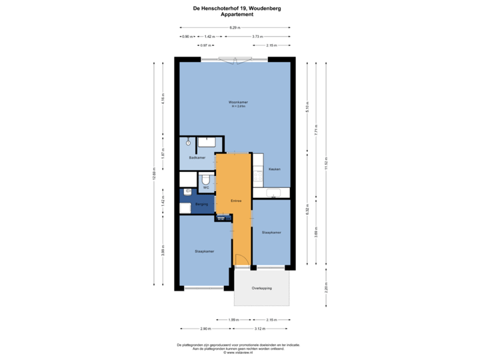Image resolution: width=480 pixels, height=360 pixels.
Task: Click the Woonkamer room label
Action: coord(238,102)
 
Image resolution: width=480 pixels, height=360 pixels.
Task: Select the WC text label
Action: coord(206,189)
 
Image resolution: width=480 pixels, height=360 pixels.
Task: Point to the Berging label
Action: coord(202,203)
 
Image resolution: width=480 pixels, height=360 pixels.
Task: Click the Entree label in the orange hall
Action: coord(236,201)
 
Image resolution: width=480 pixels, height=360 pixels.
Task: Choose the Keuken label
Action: coord(274,169)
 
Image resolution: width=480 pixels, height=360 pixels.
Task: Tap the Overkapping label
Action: coord(262,288)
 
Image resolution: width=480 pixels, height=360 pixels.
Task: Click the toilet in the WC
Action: coord(206,180)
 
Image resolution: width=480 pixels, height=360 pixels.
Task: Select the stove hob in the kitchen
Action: coord(258,176)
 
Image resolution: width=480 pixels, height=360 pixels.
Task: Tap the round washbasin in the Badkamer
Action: coord(189,142)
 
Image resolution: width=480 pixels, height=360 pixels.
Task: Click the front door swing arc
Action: coord(241,261)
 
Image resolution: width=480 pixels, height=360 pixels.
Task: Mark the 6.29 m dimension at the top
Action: coord(235,27)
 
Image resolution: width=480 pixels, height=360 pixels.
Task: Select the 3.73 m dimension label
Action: coord(257,36)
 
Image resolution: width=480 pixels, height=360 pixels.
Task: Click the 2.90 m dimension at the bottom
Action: coord(205,328)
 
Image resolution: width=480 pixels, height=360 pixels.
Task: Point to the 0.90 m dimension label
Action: coord(187,36)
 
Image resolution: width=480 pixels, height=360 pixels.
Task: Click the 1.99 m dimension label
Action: coord(233,319)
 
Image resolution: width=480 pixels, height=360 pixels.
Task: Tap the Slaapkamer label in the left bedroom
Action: coord(204,251)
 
